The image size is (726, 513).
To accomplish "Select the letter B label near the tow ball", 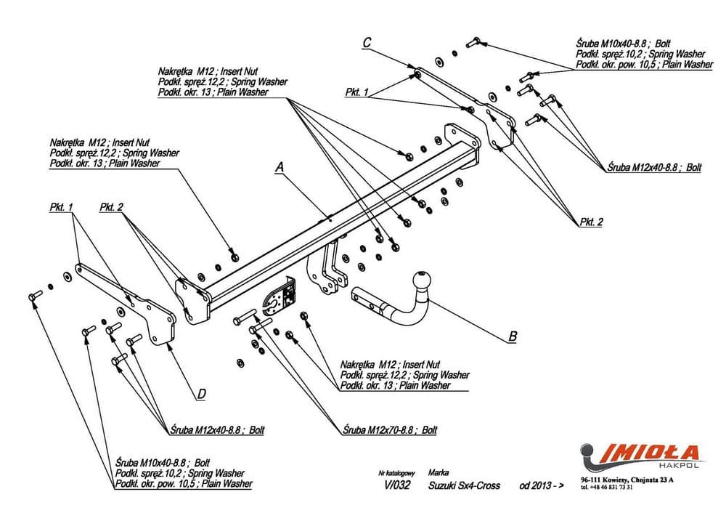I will (x=513, y=336).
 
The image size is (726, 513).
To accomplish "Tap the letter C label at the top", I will (x=367, y=43).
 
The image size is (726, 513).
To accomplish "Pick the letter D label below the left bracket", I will (x=202, y=394).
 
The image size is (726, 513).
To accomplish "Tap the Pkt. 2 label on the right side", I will (x=591, y=222).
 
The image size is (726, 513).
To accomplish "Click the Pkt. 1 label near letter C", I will (x=357, y=92).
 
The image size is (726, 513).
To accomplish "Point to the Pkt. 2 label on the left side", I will (x=112, y=207).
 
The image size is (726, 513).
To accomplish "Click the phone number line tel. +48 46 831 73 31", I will (x=607, y=488).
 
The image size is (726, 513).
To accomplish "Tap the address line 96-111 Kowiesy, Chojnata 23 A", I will (x=627, y=480).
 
